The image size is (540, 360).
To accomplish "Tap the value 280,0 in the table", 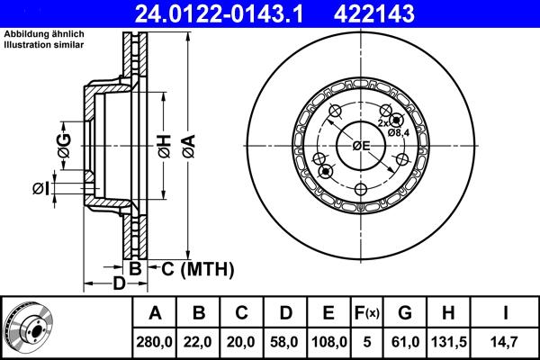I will (x=155, y=341).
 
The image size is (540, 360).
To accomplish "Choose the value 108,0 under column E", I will (x=328, y=341).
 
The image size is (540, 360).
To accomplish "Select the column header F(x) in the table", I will (x=367, y=313).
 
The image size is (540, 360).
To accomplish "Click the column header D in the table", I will (x=285, y=313).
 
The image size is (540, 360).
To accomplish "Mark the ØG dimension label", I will (x=64, y=139).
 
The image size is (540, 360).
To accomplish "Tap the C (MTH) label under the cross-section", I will (x=196, y=268).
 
